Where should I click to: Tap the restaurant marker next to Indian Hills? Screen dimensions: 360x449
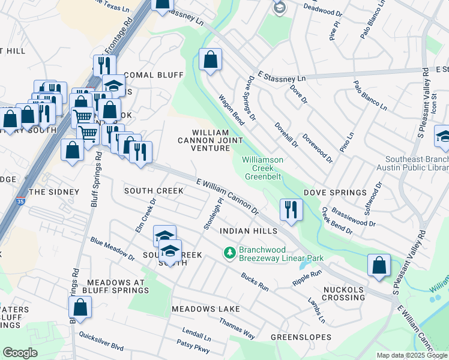(x=291, y=211)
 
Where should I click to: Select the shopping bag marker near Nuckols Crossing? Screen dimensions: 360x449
(x=379, y=266)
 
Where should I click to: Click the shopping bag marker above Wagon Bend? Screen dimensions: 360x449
(x=210, y=60)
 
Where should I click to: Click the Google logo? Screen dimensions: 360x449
(x=20, y=353)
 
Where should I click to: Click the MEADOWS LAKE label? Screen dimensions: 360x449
(x=205, y=309)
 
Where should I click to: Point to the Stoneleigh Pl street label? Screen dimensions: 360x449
(x=212, y=214)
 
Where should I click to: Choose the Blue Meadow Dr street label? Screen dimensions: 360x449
(x=112, y=249)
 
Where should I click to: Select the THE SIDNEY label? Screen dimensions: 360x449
(x=54, y=192)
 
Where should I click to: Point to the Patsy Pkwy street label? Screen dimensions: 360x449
(x=193, y=347)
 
